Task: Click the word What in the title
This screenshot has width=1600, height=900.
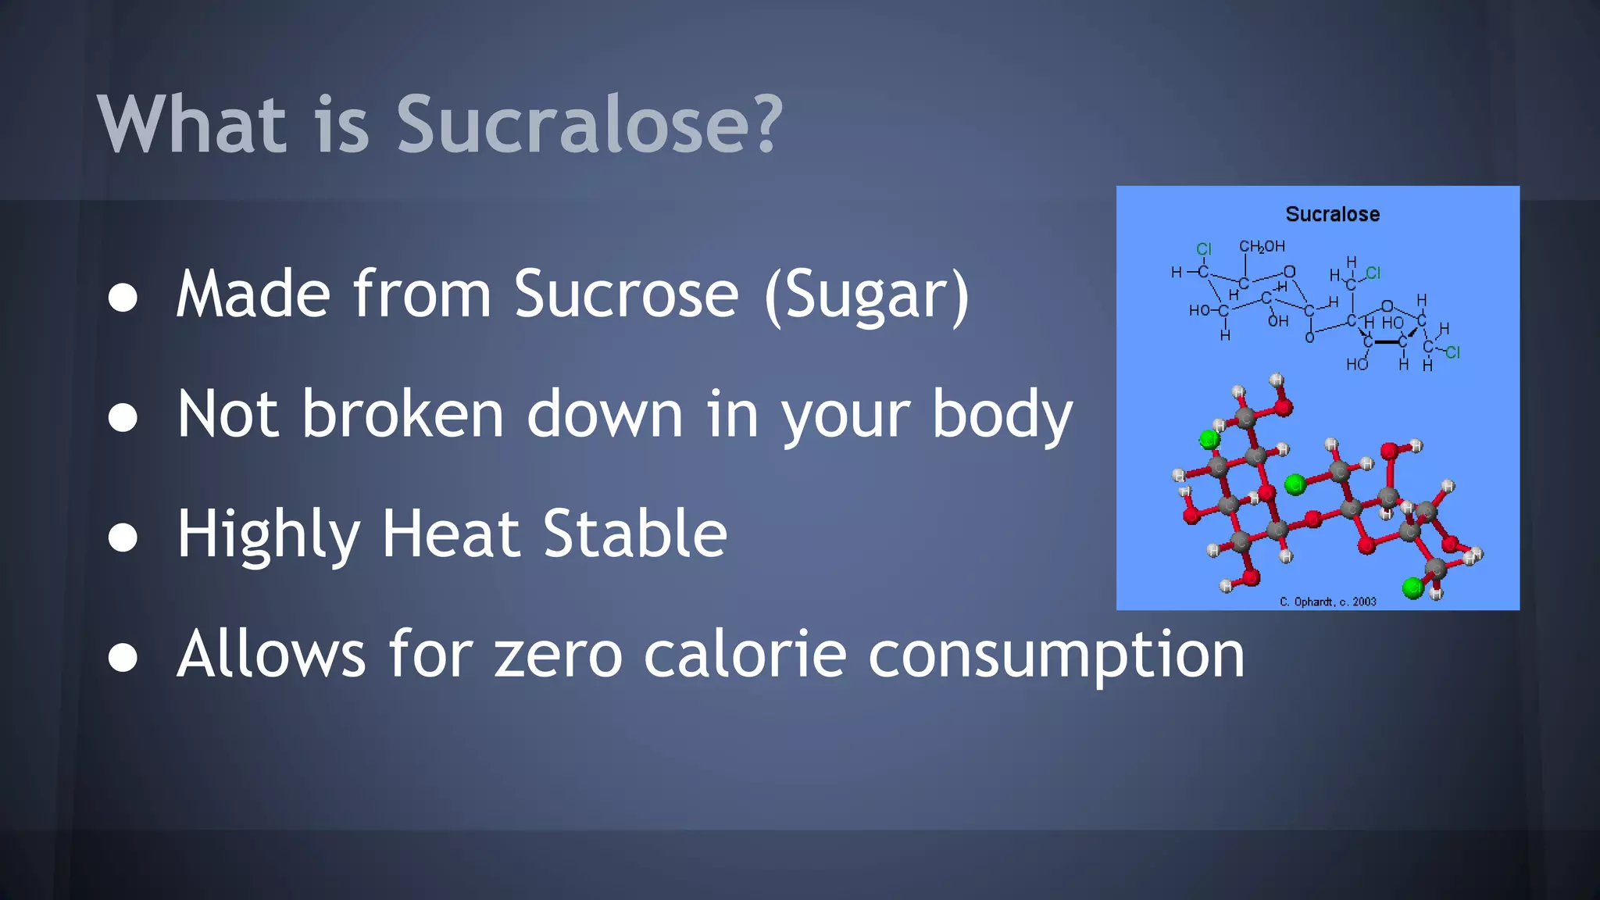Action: coord(192,125)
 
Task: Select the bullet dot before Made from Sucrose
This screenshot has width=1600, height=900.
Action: coord(123,298)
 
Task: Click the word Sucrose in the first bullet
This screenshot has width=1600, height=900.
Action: coord(626,295)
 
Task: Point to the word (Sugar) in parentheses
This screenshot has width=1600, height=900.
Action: coord(866,297)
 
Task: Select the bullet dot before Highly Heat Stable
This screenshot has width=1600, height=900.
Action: coord(123,537)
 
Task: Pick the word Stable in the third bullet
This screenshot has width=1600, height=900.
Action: coord(634,534)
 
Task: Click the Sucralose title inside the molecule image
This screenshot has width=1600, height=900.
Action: coord(1332,214)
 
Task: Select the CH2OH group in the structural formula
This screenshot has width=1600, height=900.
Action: coord(1262,247)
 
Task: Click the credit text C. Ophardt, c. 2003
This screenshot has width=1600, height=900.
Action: coord(1327,602)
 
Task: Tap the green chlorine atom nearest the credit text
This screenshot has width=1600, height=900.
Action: coord(1412,587)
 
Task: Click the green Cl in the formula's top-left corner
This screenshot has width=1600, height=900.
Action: coord(1204,249)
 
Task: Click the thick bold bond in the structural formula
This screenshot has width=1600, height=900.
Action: coord(1386,342)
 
